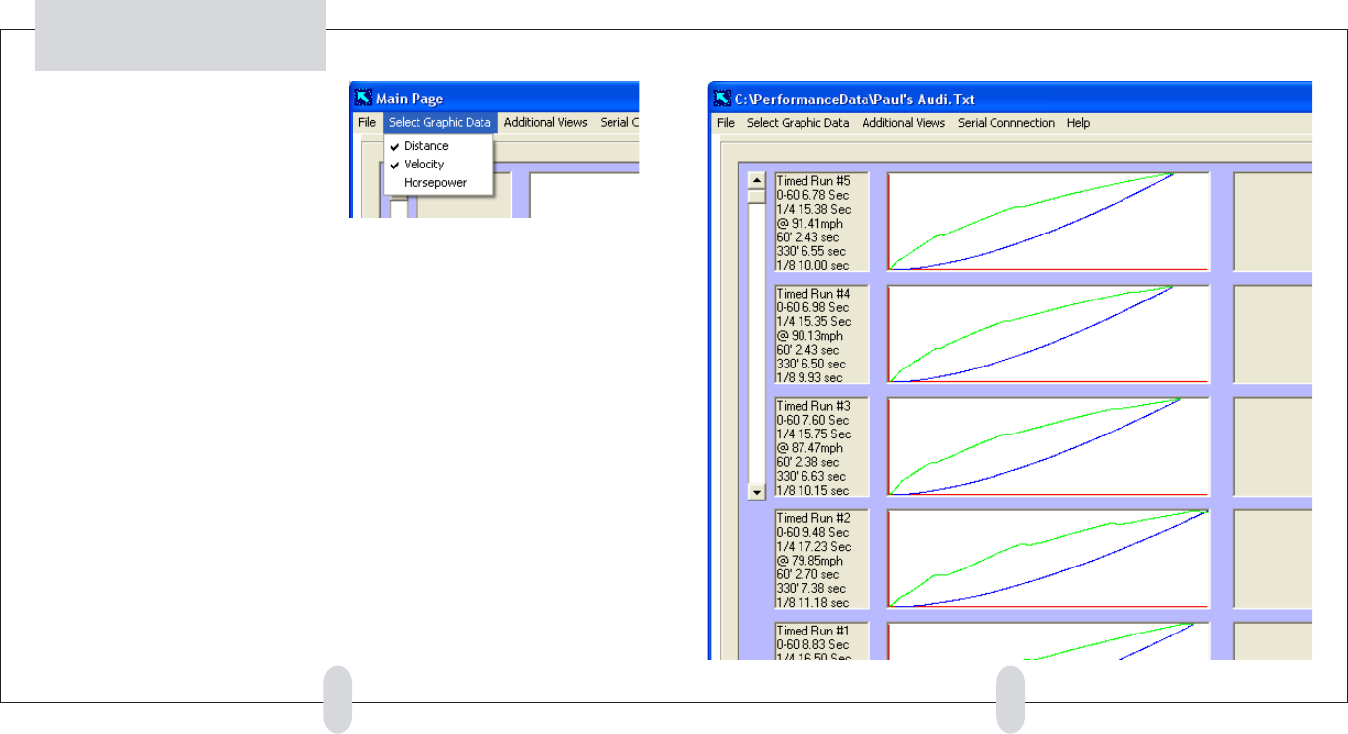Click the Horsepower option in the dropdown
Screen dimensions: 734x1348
434,183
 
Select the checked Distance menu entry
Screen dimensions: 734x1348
425,146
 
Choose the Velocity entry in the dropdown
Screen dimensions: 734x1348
423,165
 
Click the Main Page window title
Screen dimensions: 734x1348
410,99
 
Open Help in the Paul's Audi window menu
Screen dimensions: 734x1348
1078,123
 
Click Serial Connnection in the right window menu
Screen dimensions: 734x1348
1005,123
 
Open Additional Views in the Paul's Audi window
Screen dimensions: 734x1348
903,123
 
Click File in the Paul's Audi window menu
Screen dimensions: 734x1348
726,123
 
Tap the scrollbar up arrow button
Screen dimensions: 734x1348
756,180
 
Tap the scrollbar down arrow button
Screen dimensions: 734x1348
756,490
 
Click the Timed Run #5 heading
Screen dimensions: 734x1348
806,181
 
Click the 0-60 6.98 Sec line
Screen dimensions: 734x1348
813,307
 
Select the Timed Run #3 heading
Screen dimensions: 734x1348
806,406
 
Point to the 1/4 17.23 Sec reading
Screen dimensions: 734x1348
813,546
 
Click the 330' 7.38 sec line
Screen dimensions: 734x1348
810,588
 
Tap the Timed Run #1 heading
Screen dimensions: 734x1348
806,631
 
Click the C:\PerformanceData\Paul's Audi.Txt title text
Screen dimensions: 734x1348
854,99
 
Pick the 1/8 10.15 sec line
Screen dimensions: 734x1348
811,490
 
